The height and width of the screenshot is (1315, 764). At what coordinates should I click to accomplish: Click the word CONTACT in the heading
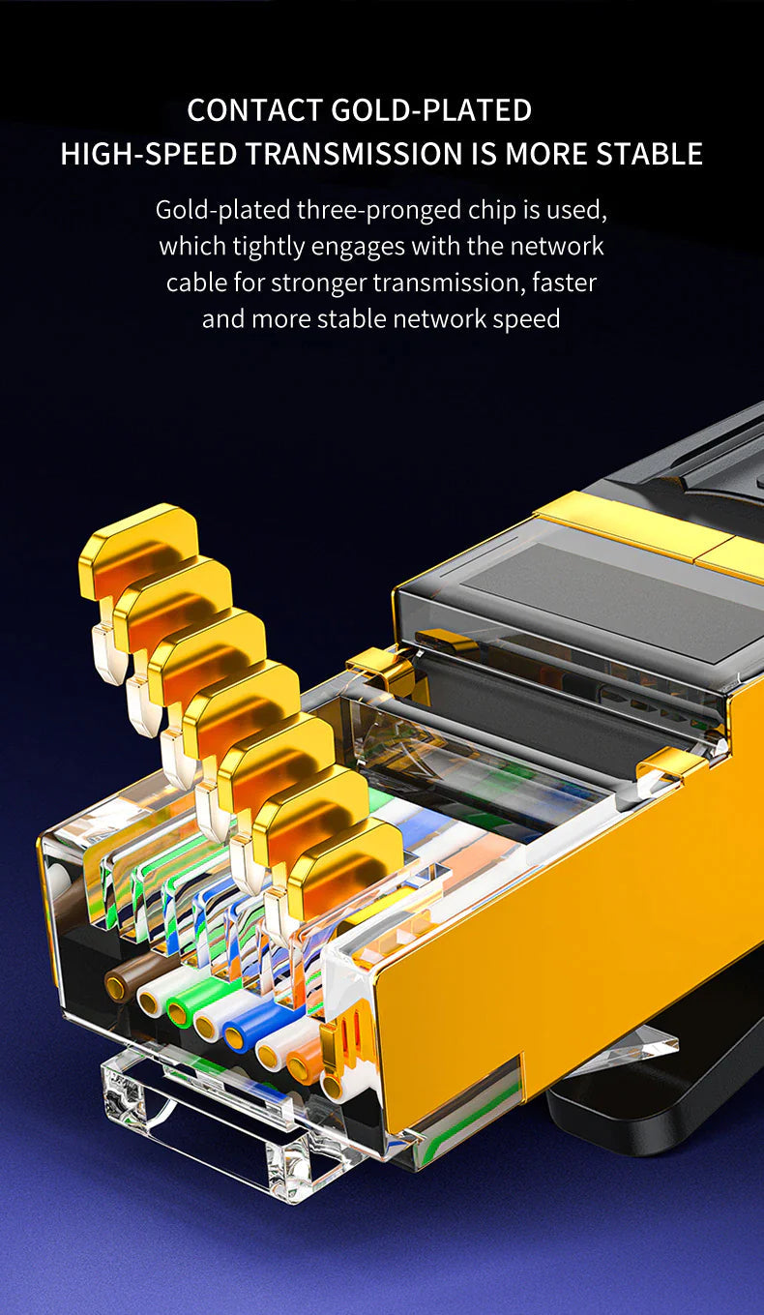255,110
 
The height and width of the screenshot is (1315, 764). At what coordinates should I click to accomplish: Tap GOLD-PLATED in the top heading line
431,110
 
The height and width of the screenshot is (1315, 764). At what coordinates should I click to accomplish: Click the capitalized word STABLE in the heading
649,154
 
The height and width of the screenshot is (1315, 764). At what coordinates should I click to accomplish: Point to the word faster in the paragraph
564,283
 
